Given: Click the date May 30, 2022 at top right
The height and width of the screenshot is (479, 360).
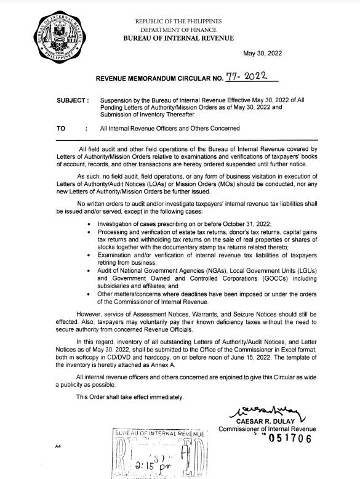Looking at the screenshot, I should tap(262, 54).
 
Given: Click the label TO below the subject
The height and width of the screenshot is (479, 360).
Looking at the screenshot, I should tap(61, 129).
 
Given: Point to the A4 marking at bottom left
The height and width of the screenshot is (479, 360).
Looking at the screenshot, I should tap(58, 445).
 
